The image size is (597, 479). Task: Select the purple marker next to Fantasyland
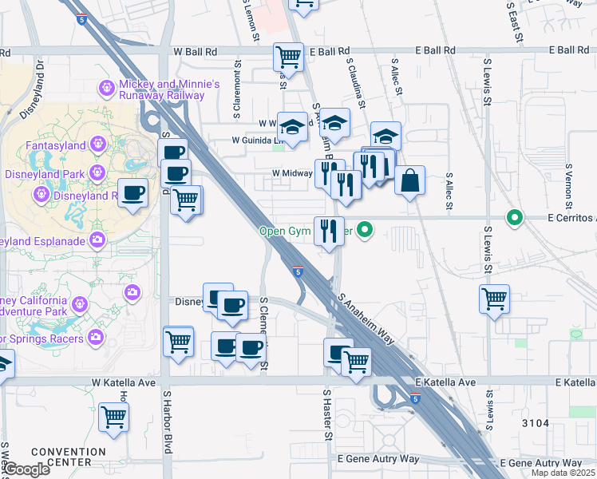[98, 144]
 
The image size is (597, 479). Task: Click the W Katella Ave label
[124, 383]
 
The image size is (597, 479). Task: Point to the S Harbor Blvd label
[168, 422]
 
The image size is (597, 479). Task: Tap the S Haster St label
[326, 414]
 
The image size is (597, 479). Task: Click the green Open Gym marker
[366, 232]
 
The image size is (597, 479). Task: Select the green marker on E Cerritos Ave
[515, 217]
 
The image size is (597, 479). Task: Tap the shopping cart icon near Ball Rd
[287, 56]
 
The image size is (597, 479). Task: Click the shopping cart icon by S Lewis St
[494, 299]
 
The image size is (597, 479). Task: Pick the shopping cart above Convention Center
[113, 416]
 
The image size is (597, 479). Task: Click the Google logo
[27, 470]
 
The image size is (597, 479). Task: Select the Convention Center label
[68, 457]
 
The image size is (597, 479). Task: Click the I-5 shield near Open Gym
[297, 271]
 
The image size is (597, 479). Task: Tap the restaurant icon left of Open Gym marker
[329, 231]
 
